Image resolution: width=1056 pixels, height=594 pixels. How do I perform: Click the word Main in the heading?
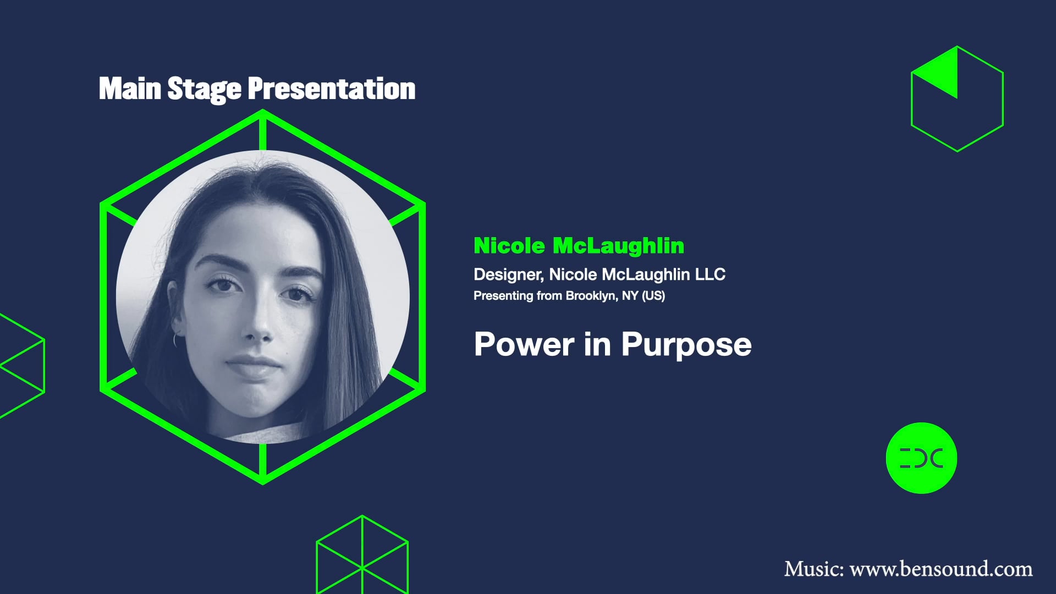coord(130,89)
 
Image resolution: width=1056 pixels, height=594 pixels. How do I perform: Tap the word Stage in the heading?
coord(204,89)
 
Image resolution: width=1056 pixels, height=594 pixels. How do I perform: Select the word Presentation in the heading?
coord(331,89)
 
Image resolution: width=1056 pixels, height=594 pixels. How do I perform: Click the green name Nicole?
coord(509,246)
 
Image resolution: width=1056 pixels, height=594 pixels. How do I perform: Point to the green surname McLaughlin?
coord(618,246)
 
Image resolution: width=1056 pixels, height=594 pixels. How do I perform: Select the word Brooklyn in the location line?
coord(591,296)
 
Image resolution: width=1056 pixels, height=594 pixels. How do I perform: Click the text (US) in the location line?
coord(653,296)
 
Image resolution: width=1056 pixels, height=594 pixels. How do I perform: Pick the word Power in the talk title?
coord(524,345)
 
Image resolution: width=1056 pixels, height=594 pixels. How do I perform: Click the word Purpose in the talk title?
coord(686,345)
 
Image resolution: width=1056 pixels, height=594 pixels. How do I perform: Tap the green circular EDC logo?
coord(921,458)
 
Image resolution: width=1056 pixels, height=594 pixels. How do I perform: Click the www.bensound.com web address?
coord(941,569)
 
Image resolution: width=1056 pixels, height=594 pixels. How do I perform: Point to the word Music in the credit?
coord(813,569)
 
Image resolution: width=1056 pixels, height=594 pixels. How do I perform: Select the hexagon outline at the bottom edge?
coord(362,555)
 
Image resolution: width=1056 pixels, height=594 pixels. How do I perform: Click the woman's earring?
coord(176,339)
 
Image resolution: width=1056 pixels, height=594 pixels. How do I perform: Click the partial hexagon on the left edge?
coord(22,366)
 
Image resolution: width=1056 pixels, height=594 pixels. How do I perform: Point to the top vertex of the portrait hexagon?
coord(263,112)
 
